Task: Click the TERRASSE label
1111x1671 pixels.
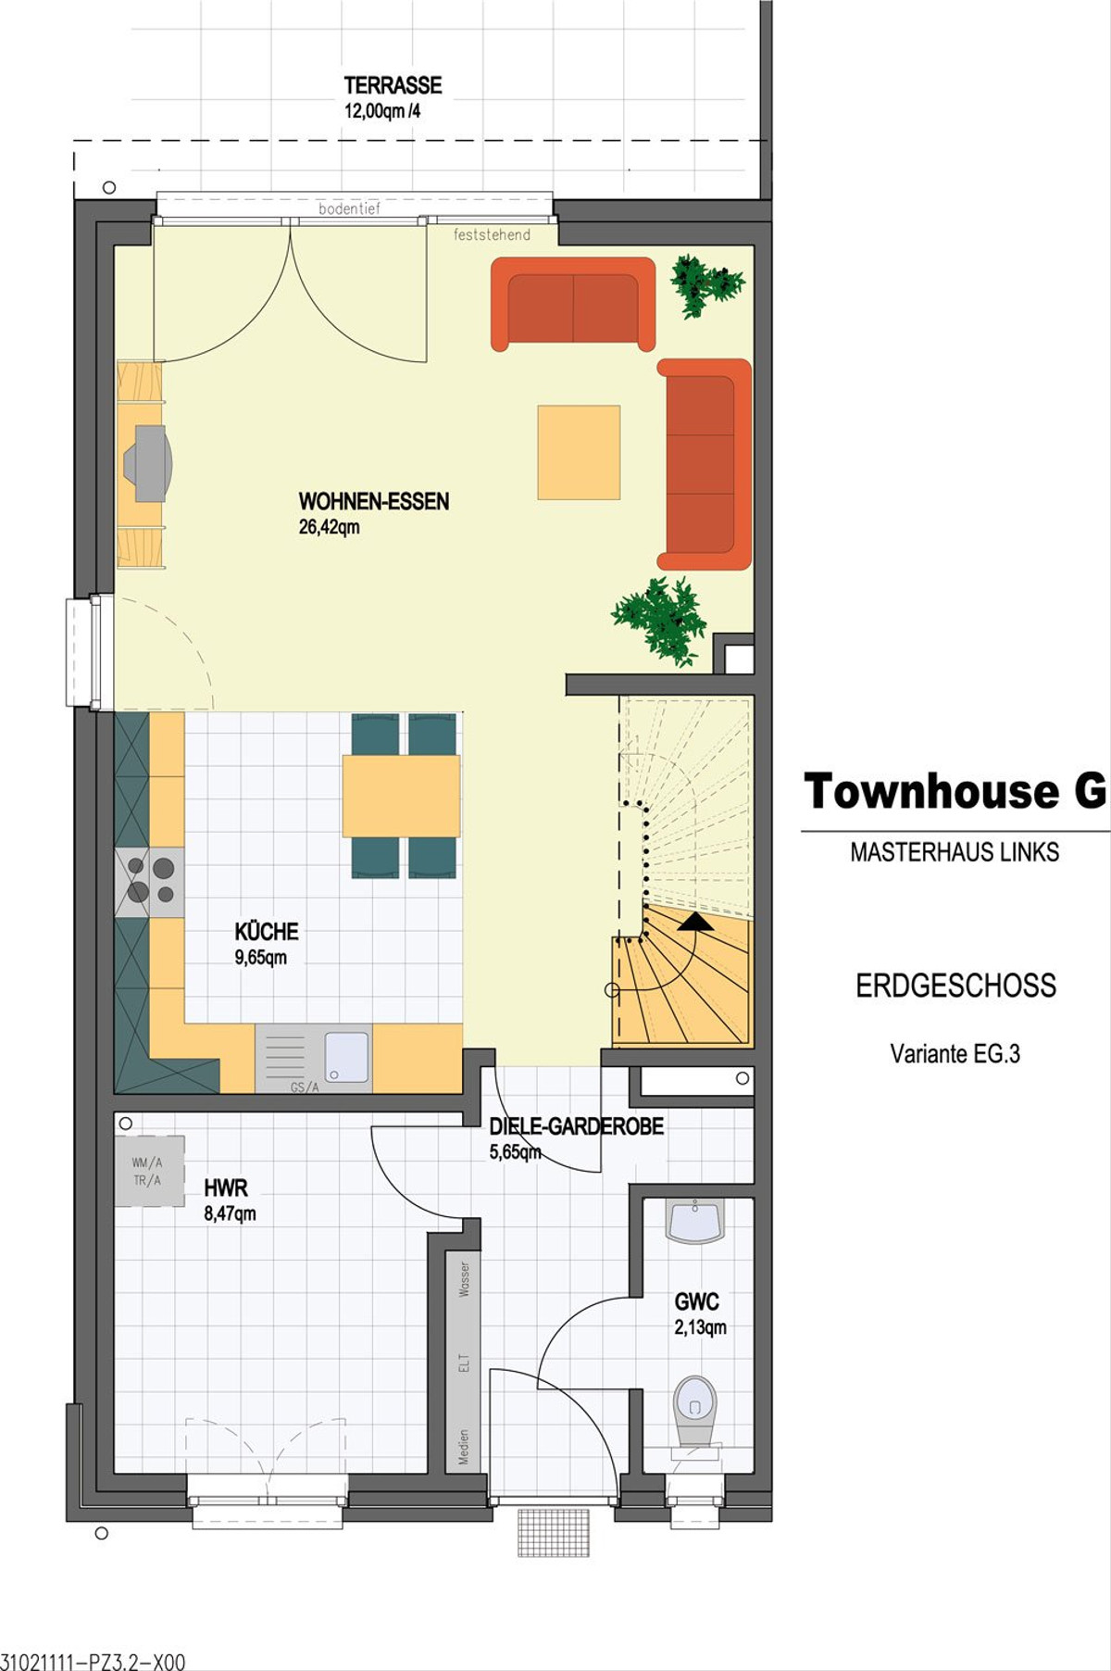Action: (x=393, y=85)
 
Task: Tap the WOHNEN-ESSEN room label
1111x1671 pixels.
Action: (x=374, y=501)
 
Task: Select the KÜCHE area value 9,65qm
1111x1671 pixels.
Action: (x=261, y=958)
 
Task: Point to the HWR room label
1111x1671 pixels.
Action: (x=226, y=1187)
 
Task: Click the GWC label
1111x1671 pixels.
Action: (x=696, y=1301)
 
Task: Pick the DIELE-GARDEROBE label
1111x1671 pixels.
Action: (x=577, y=1126)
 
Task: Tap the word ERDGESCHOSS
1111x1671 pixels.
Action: (x=955, y=986)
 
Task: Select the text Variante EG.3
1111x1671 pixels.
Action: (x=955, y=1053)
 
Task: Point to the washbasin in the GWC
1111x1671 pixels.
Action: (x=695, y=1221)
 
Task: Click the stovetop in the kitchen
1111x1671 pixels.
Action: (x=150, y=882)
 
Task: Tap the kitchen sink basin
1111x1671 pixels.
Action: (x=347, y=1057)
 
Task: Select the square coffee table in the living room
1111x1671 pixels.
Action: (x=579, y=452)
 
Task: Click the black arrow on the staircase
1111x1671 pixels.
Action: (x=695, y=921)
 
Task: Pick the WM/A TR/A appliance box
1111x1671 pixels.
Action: (x=149, y=1172)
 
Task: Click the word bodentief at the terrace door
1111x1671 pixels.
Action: (x=349, y=209)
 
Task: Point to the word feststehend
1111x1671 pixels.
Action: (x=492, y=235)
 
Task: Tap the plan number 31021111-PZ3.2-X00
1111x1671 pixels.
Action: (x=93, y=1662)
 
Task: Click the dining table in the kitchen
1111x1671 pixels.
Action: (x=401, y=796)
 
